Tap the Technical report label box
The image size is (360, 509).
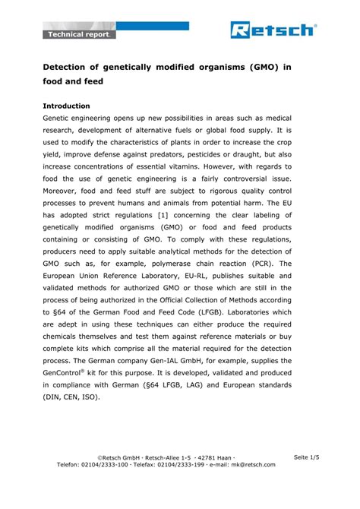coord(79,35)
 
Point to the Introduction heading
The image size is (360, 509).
coord(67,106)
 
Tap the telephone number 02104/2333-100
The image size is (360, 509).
coord(106,464)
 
